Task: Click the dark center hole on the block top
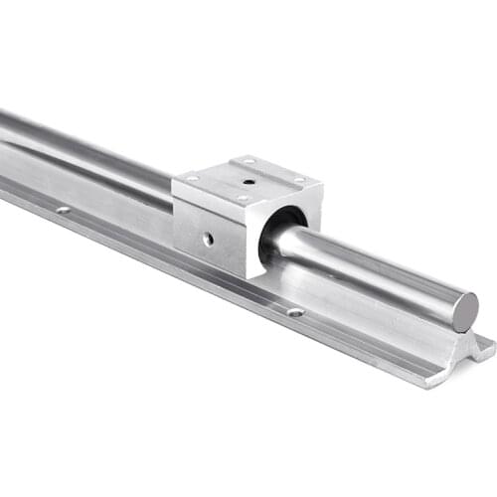click(x=247, y=181)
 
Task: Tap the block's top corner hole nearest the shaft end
click(x=298, y=180)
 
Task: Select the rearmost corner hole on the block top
click(x=248, y=160)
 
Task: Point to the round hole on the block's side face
click(x=208, y=239)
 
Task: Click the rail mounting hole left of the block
click(x=63, y=210)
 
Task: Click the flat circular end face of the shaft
click(x=465, y=311)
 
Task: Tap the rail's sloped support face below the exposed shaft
click(x=378, y=313)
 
